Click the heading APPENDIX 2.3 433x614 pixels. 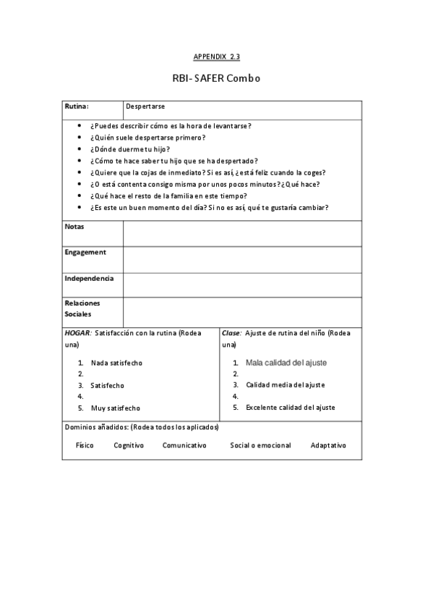216,56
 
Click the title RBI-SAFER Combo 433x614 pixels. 216,77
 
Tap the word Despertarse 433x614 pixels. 145,106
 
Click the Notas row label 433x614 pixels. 74,227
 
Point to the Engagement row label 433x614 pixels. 85,253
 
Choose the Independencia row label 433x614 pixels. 89,278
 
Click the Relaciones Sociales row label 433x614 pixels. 82,308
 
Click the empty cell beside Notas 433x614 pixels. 242,233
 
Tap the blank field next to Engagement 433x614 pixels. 242,259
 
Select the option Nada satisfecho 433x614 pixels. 116,362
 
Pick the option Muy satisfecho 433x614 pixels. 116,408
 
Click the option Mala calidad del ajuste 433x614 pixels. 286,362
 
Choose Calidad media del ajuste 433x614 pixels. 285,385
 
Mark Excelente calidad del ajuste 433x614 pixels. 290,408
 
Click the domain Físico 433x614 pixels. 85,445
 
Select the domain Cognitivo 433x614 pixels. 129,445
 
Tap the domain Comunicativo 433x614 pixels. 184,445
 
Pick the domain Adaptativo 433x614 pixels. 328,445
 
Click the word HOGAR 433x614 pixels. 77,332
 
